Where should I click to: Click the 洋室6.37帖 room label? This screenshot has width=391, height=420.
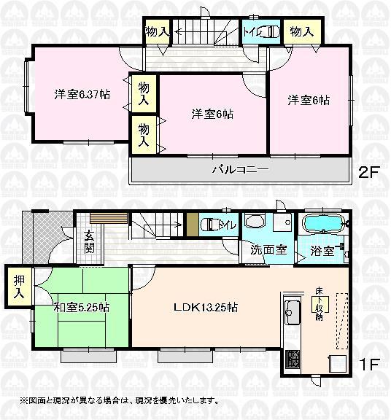click(x=82, y=94)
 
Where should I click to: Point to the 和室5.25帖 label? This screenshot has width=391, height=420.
click(x=82, y=308)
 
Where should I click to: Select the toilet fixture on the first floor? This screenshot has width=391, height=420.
click(x=209, y=225)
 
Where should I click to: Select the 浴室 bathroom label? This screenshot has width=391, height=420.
click(x=321, y=251)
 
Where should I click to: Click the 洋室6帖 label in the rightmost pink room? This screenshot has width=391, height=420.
click(x=307, y=100)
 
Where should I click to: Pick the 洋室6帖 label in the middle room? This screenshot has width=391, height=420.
click(x=212, y=114)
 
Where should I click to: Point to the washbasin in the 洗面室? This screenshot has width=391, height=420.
click(x=256, y=222)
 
